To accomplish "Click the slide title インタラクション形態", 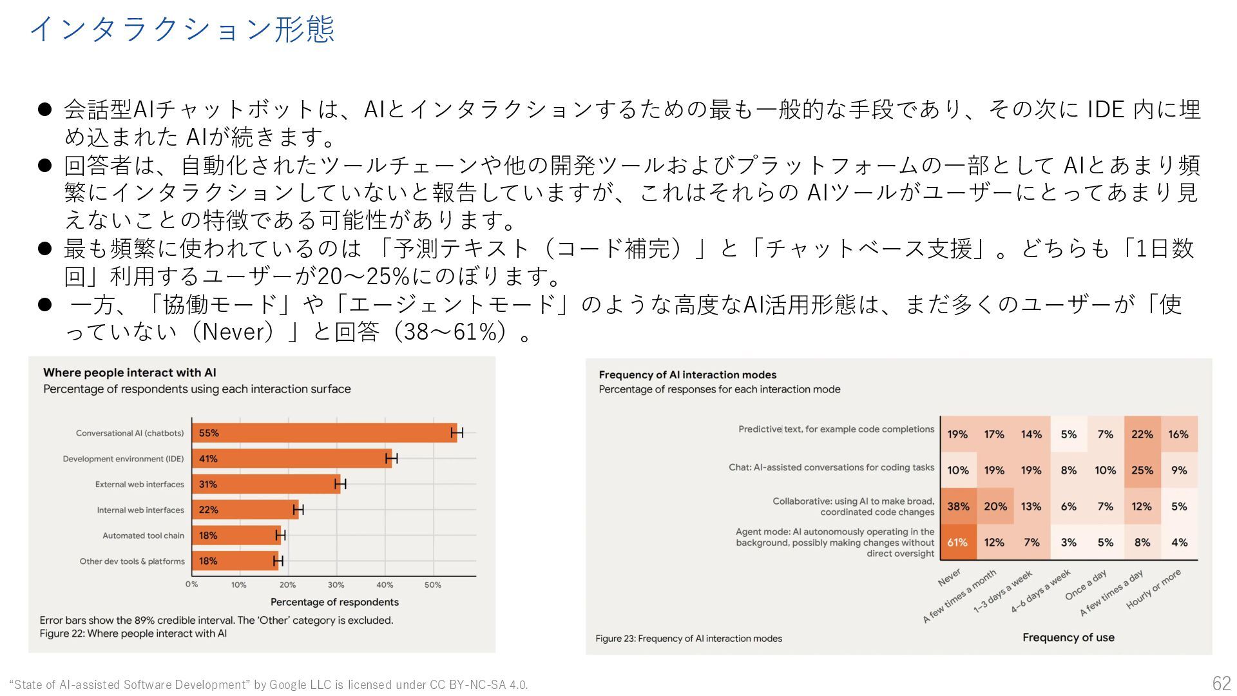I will tap(182, 30).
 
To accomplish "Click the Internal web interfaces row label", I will tap(140, 510).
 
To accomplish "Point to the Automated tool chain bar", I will tap(236, 536).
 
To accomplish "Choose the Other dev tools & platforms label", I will tap(132, 561).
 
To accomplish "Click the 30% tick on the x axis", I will tap(336, 585).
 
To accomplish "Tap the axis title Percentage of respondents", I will tap(334, 602).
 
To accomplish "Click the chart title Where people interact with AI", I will tap(129, 372).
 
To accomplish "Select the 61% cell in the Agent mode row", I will tap(957, 543).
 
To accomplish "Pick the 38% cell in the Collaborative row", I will tap(958, 507).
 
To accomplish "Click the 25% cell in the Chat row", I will tap(1142, 470).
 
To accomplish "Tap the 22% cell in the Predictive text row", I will tap(1142, 434).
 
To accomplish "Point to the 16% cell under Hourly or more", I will tap(1178, 434).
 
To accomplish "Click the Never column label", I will tap(950, 577).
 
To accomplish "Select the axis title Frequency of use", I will tap(1068, 637).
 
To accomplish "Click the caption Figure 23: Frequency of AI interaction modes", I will tap(688, 639).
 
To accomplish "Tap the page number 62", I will tap(1221, 683).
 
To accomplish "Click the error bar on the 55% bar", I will tap(457, 433).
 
